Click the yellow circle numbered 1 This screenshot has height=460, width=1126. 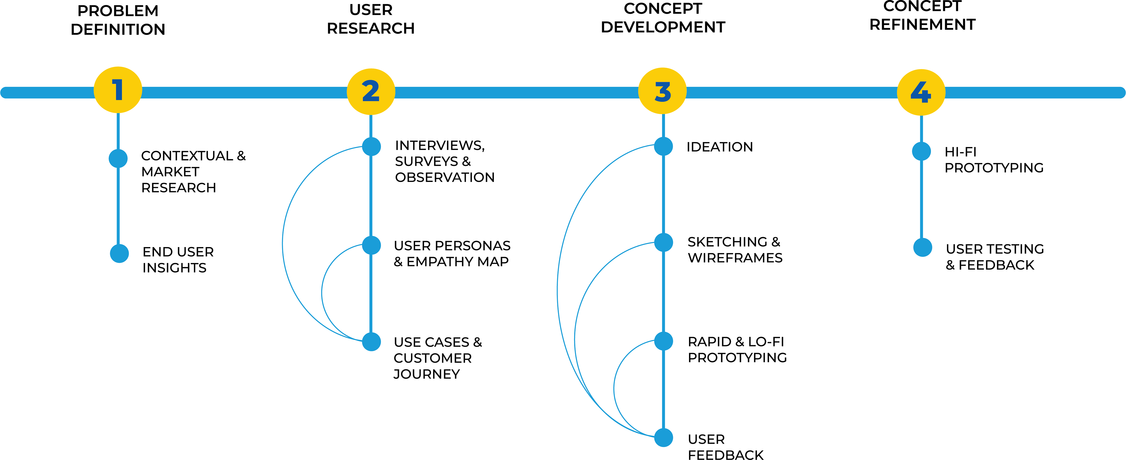coord(118,90)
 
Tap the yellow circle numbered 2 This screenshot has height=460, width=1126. coord(371,92)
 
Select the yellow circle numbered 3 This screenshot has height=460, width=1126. coord(663,91)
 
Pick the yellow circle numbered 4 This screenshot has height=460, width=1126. coord(921,92)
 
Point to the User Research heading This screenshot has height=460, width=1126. coord(371,19)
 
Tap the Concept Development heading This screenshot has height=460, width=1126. coord(663,18)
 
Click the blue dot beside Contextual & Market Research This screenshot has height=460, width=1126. coord(118,158)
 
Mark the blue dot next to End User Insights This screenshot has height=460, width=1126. coord(119,253)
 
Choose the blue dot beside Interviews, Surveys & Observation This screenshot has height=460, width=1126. coord(372,146)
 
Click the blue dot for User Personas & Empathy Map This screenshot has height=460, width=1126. coord(372,245)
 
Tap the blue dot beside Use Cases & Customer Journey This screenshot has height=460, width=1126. coord(372,341)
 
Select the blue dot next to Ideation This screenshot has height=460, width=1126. coord(664,146)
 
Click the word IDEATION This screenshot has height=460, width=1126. coord(720,147)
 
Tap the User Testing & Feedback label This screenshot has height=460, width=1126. coord(994,257)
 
